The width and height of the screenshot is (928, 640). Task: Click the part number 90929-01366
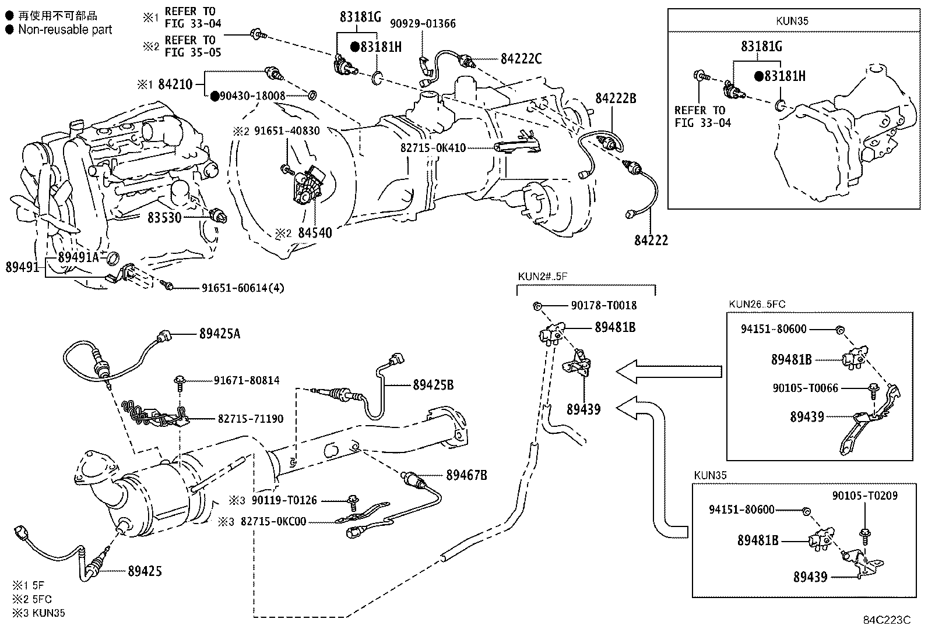click(423, 24)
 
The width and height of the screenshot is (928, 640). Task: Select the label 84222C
click(521, 59)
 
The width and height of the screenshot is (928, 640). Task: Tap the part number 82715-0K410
click(433, 148)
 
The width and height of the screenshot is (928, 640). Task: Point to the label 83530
click(164, 217)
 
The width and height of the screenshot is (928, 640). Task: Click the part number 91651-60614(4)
click(242, 288)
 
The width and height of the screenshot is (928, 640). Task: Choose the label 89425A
click(220, 333)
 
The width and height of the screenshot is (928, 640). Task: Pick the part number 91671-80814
click(247, 380)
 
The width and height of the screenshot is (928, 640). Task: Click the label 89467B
click(466, 475)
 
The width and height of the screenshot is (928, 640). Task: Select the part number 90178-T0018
click(604, 306)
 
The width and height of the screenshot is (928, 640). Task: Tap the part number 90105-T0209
click(865, 496)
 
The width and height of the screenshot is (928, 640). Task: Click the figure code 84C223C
click(887, 620)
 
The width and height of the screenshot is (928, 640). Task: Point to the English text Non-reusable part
click(65, 29)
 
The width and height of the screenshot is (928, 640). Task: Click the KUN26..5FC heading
click(757, 304)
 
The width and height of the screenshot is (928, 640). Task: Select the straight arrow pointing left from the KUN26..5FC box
click(669, 372)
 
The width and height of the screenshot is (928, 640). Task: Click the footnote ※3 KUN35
click(38, 613)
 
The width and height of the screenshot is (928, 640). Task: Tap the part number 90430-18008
click(252, 96)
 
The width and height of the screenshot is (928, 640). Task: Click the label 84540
click(315, 233)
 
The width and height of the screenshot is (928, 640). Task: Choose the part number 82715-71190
click(251, 419)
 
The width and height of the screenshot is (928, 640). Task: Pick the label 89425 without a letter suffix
click(145, 571)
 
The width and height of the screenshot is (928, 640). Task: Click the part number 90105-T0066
click(806, 388)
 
